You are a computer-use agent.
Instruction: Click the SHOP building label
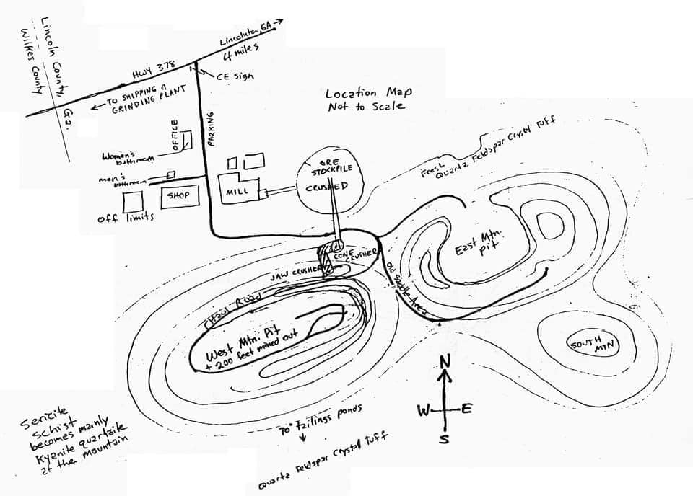[178, 195]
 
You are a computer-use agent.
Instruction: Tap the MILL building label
[237, 192]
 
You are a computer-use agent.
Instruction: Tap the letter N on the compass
[445, 361]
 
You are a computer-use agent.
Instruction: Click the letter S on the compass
[445, 438]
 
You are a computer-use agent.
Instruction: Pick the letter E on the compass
[466, 409]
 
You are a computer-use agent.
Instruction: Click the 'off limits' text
[126, 218]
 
